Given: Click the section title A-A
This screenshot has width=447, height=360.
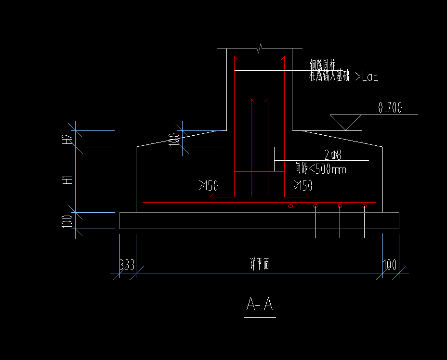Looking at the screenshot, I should pyautogui.click(x=260, y=305).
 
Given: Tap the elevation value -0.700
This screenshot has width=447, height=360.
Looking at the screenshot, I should pyautogui.click(x=387, y=108).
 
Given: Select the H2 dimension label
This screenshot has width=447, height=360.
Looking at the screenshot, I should pyautogui.click(x=67, y=139).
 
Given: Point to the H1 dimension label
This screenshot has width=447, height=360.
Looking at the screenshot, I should pyautogui.click(x=67, y=180).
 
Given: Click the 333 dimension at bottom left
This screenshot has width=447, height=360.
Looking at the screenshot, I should pyautogui.click(x=127, y=265).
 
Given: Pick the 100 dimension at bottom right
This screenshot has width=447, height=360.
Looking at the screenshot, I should pyautogui.click(x=390, y=265).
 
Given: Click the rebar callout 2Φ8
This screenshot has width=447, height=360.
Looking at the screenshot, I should pyautogui.click(x=332, y=155).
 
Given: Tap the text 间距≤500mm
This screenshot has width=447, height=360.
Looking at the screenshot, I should pyautogui.click(x=321, y=169).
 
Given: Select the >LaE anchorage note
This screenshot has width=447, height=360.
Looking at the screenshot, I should pyautogui.click(x=366, y=76).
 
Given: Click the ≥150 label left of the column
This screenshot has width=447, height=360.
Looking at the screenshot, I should pyautogui.click(x=209, y=185).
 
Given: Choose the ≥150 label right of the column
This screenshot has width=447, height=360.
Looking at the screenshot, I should pyautogui.click(x=303, y=185).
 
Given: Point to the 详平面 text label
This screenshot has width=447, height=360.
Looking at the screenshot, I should pyautogui.click(x=259, y=264).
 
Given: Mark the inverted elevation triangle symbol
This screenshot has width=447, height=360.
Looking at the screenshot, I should pyautogui.click(x=346, y=122).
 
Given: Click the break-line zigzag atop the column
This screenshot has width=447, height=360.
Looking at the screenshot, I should pyautogui.click(x=260, y=48).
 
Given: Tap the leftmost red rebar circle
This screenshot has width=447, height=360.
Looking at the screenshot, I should pyautogui.click(x=290, y=206).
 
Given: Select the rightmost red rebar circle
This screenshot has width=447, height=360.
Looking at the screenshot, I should pyautogui.click(x=365, y=206).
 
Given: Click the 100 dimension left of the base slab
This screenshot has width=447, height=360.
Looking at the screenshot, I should pyautogui.click(x=67, y=221).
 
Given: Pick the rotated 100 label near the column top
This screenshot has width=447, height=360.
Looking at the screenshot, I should pyautogui.click(x=174, y=139).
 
